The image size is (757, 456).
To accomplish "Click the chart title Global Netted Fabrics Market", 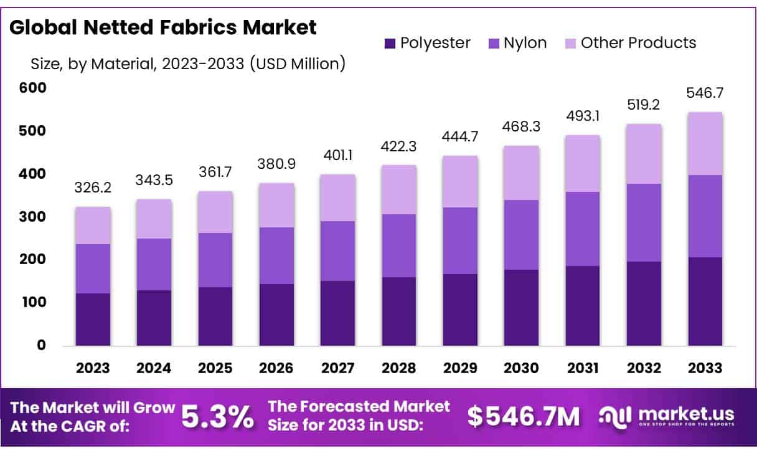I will coord(164,27).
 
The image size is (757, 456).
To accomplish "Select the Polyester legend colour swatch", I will coord(390,43).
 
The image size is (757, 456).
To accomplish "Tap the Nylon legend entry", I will coord(517,43).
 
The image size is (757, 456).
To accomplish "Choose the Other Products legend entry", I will coord(630,43).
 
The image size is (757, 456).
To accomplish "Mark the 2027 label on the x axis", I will coord(338,368).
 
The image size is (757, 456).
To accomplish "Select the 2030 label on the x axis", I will coord(521,368).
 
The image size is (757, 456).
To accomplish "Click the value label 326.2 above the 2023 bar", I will coord(93,188).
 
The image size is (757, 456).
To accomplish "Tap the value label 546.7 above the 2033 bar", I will coord(705,93).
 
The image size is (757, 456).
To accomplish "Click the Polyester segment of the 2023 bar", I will coord(93,319).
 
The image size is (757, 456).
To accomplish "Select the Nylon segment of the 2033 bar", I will coord(705,216).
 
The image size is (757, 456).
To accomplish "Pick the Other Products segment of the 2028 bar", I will coord(399,189).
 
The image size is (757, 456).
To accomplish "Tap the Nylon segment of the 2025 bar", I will coord(215,260).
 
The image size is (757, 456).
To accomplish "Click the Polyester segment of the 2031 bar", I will coord(582,305).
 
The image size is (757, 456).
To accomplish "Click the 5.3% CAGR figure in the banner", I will coord(217,417).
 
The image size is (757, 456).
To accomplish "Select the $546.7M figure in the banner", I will coord(524,417).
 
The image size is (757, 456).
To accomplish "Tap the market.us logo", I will coord(667,416).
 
